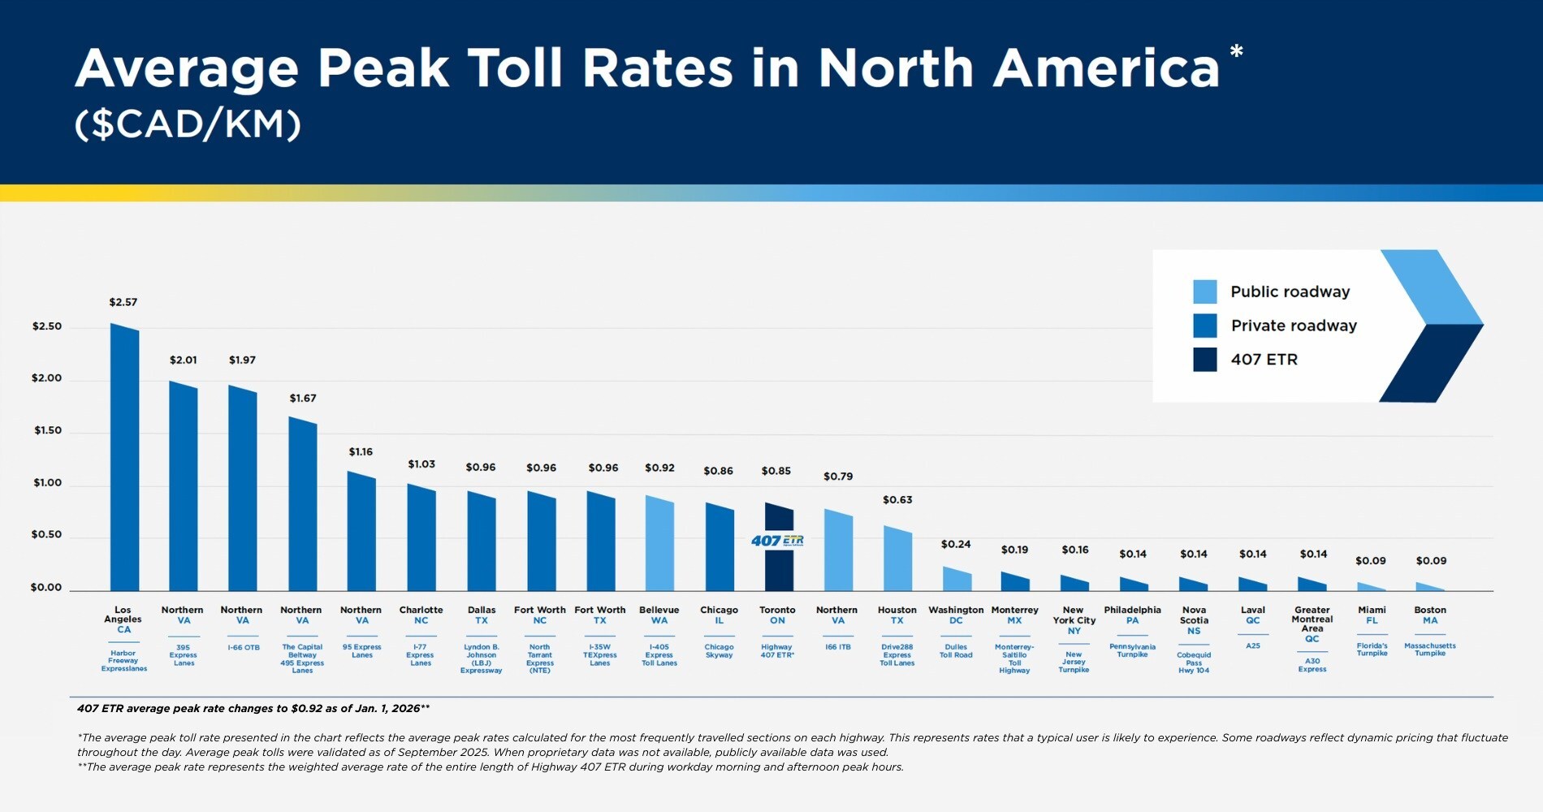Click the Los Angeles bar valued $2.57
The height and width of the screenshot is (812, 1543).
(x=124, y=459)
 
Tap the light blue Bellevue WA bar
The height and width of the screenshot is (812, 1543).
(x=659, y=544)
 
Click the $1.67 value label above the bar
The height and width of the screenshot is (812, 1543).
(x=303, y=398)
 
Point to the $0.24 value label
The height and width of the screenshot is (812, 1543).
(x=956, y=544)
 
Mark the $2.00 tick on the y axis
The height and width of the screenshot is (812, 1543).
(x=46, y=378)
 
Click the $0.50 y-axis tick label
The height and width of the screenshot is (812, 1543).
(x=46, y=534)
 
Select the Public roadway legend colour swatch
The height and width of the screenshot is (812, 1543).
(x=1204, y=292)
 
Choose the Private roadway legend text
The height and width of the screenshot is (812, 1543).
(x=1293, y=326)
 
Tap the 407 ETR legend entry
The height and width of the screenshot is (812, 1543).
(x=1264, y=360)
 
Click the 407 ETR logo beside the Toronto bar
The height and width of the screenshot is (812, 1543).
(x=777, y=541)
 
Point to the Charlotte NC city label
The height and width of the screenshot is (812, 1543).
(x=421, y=615)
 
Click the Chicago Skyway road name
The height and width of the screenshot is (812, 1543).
(x=719, y=651)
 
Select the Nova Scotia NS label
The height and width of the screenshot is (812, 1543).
(x=1194, y=620)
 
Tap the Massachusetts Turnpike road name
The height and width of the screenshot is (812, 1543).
(x=1429, y=650)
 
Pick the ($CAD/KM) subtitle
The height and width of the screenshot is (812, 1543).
(x=188, y=124)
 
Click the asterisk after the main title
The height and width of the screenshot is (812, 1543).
(x=1236, y=52)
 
